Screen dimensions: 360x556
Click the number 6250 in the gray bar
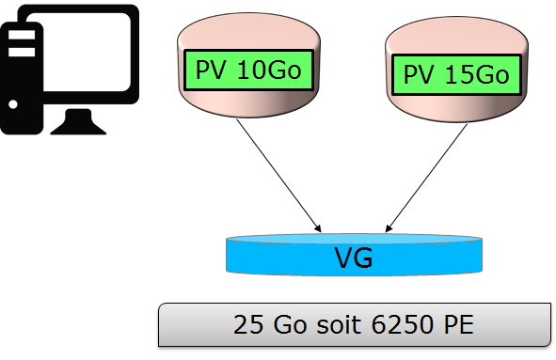coord(388,325)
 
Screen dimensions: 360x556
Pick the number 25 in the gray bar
coord(246,325)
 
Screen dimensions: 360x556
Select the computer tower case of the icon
coord(24,75)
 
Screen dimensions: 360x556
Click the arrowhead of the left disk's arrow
coord(320,227)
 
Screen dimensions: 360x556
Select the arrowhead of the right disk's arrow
coord(389,227)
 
